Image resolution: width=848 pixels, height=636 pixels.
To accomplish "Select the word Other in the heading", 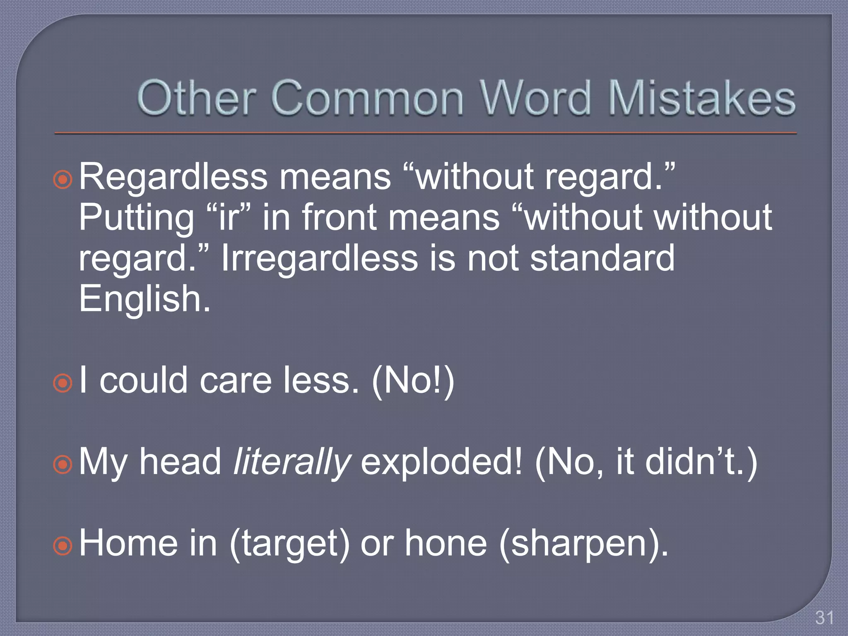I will tap(195, 98).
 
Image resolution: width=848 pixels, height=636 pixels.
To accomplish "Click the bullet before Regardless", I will tap(63, 180).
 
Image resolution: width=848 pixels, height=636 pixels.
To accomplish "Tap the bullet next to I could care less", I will tap(63, 383).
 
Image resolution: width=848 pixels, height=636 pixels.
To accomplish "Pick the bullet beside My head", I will tap(63, 465).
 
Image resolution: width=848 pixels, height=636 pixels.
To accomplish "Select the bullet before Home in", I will tap(63, 546).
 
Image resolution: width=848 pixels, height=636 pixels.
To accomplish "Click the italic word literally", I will tap(292, 462).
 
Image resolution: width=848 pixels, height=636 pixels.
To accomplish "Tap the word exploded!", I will tap(441, 462).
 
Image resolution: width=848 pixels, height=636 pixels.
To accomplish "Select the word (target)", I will tap(289, 544).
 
